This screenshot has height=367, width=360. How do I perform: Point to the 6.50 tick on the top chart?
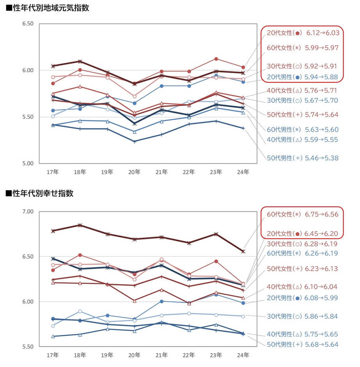click(x=28, y=24)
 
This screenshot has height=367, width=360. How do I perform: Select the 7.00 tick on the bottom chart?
click(x=28, y=212)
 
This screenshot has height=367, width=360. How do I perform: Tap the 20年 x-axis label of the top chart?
click(x=135, y=172)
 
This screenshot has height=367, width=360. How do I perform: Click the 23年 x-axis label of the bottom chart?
click(x=216, y=355)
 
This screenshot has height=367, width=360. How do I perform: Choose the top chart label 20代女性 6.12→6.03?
click(x=303, y=33)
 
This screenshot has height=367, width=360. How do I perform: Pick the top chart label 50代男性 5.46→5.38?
click(x=303, y=158)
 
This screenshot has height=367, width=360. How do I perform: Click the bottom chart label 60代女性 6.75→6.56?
click(x=303, y=214)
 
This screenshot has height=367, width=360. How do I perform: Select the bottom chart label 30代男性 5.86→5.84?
click(x=303, y=316)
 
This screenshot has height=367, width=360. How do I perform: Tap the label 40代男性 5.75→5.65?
click(x=303, y=334)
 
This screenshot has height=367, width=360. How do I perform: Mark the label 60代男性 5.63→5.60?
click(x=303, y=130)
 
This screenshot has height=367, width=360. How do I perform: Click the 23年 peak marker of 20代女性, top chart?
click(x=216, y=59)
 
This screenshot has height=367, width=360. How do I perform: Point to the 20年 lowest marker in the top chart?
click(x=135, y=141)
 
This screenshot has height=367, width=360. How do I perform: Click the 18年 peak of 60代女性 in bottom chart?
click(x=80, y=225)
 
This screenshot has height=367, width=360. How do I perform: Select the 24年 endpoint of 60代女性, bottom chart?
click(x=243, y=251)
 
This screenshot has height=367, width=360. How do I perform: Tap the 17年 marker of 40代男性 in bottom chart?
click(x=53, y=336)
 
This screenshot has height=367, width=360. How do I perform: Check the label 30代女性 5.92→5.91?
click(x=303, y=66)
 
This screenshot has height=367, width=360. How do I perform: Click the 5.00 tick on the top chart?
click(x=28, y=164)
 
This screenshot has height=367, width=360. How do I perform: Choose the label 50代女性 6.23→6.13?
click(x=303, y=269)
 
